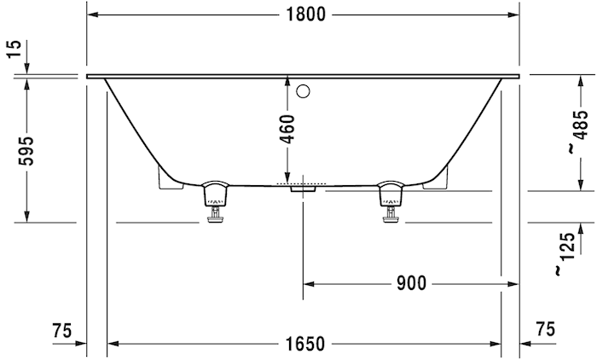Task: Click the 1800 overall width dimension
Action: [x=304, y=15]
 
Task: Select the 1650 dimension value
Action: [x=304, y=344]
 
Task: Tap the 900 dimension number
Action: [x=410, y=283]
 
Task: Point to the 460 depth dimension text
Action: [x=287, y=128]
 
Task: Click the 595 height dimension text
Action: [x=26, y=150]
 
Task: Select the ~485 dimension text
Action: [x=580, y=133]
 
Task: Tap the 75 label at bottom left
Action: [x=61, y=330]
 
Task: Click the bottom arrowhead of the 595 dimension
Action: [x=26, y=217]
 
